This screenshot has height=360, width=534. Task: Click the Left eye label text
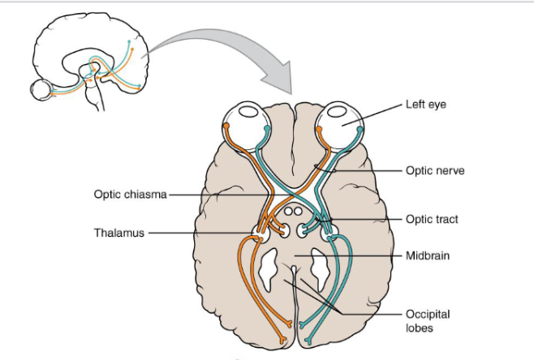[x=425, y=105]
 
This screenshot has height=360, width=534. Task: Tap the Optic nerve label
[x=435, y=171]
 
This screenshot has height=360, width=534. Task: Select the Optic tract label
[x=433, y=219]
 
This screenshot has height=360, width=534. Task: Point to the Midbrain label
[x=428, y=255]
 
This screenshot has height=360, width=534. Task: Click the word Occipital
[x=428, y=314]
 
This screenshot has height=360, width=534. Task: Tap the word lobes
[x=419, y=328]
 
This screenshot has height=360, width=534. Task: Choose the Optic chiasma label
[x=129, y=195]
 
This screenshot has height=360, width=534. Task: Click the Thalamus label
[x=118, y=233]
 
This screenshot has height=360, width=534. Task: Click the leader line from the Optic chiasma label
[x=219, y=195]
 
